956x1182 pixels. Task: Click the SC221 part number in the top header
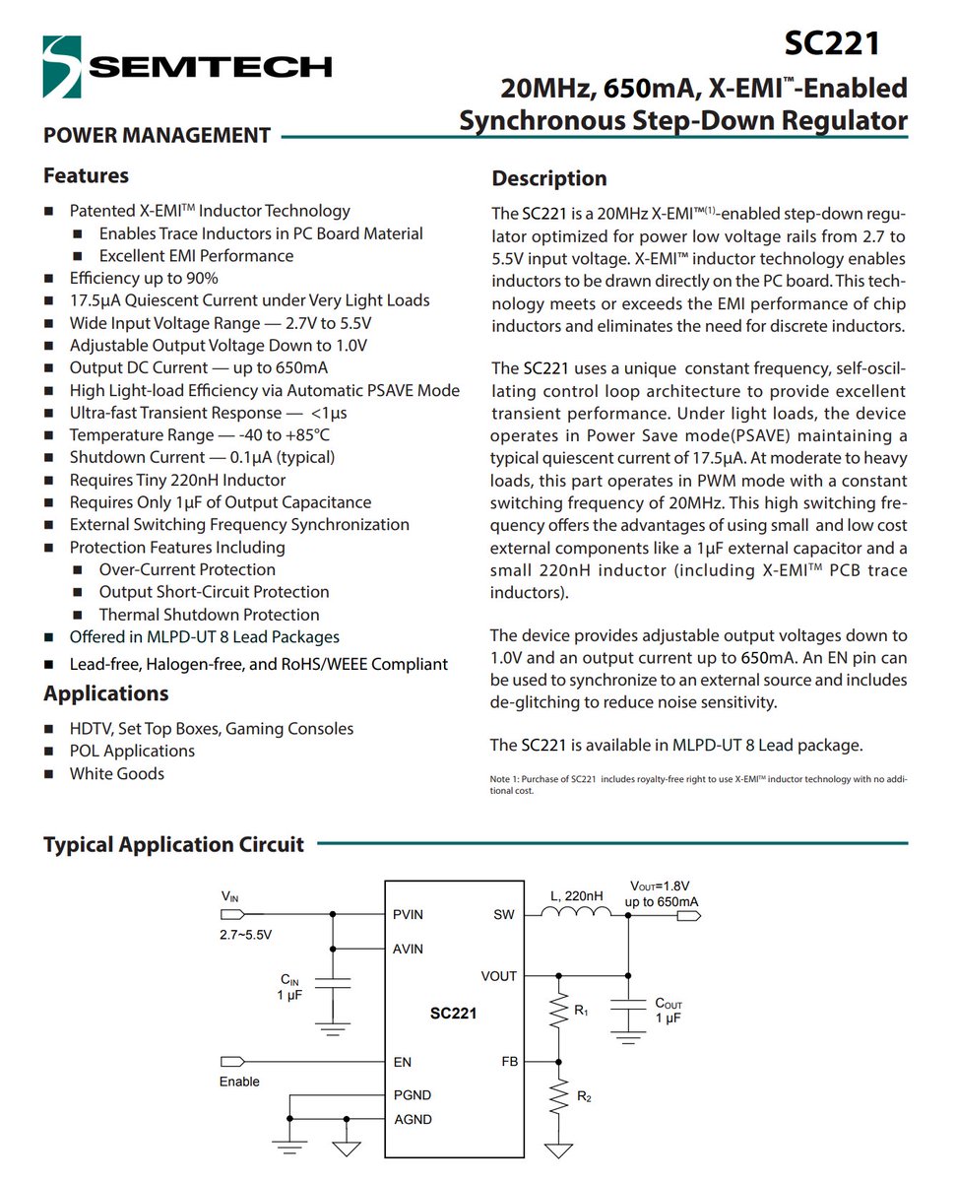832,43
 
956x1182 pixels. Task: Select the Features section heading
86,175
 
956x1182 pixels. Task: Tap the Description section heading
549,178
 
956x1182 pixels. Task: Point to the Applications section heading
105,693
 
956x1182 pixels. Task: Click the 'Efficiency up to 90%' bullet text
144,278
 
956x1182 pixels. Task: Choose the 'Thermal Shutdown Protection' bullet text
210,615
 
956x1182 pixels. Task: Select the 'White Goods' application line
117,773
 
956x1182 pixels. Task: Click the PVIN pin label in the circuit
407,914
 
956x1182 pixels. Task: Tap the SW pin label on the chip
503,914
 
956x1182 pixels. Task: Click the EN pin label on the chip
402,1062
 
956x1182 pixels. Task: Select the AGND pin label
412,1119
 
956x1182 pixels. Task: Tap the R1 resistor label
581,1010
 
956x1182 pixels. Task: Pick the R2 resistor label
584,1095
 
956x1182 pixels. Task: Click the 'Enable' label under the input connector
239,1082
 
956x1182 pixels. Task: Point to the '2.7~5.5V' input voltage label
246,934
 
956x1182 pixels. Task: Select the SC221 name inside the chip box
453,1013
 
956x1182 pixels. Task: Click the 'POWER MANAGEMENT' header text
157,136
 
